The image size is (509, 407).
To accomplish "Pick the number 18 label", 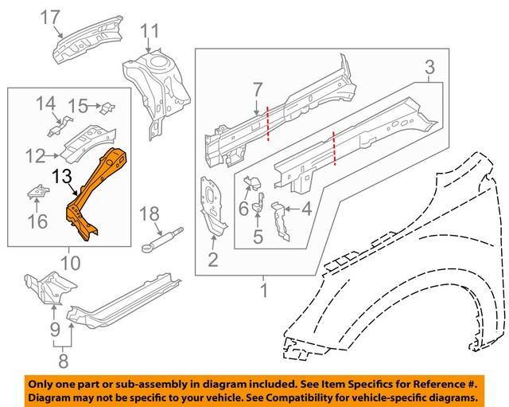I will pos(149,213).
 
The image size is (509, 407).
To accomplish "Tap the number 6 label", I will pos(244,207).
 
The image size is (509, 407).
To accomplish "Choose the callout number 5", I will pos(258,237).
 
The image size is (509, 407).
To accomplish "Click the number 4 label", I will pos(306,211).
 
